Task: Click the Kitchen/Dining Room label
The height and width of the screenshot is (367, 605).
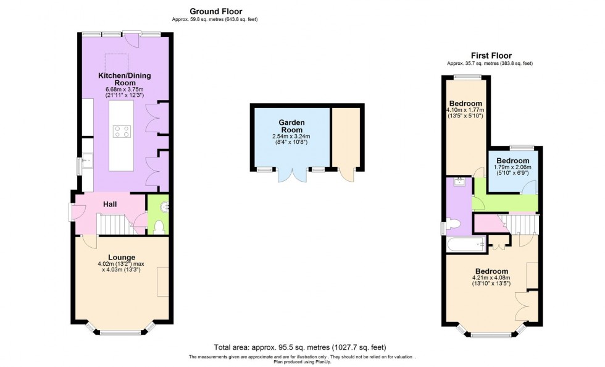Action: pyautogui.click(x=125, y=79)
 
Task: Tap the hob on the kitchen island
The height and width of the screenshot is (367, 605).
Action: pyautogui.click(x=122, y=131)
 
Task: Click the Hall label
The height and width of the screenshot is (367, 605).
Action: pyautogui.click(x=111, y=204)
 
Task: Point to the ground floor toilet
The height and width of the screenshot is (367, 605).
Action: pyautogui.click(x=159, y=226)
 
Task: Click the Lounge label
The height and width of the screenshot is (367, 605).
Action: pyautogui.click(x=122, y=257)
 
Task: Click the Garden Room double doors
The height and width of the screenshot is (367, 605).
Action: pyautogui.click(x=292, y=175)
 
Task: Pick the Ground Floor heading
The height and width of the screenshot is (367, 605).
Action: pyautogui.click(x=215, y=11)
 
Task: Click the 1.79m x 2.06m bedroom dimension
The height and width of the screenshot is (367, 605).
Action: pyautogui.click(x=512, y=166)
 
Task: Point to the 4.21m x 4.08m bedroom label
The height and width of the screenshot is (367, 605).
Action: pyautogui.click(x=491, y=271)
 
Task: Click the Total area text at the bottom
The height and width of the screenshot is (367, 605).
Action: pyautogui.click(x=300, y=347)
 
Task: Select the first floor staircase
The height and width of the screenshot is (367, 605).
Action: pyautogui.click(x=519, y=224)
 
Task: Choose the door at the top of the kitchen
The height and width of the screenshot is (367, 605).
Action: pyautogui.click(x=131, y=39)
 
